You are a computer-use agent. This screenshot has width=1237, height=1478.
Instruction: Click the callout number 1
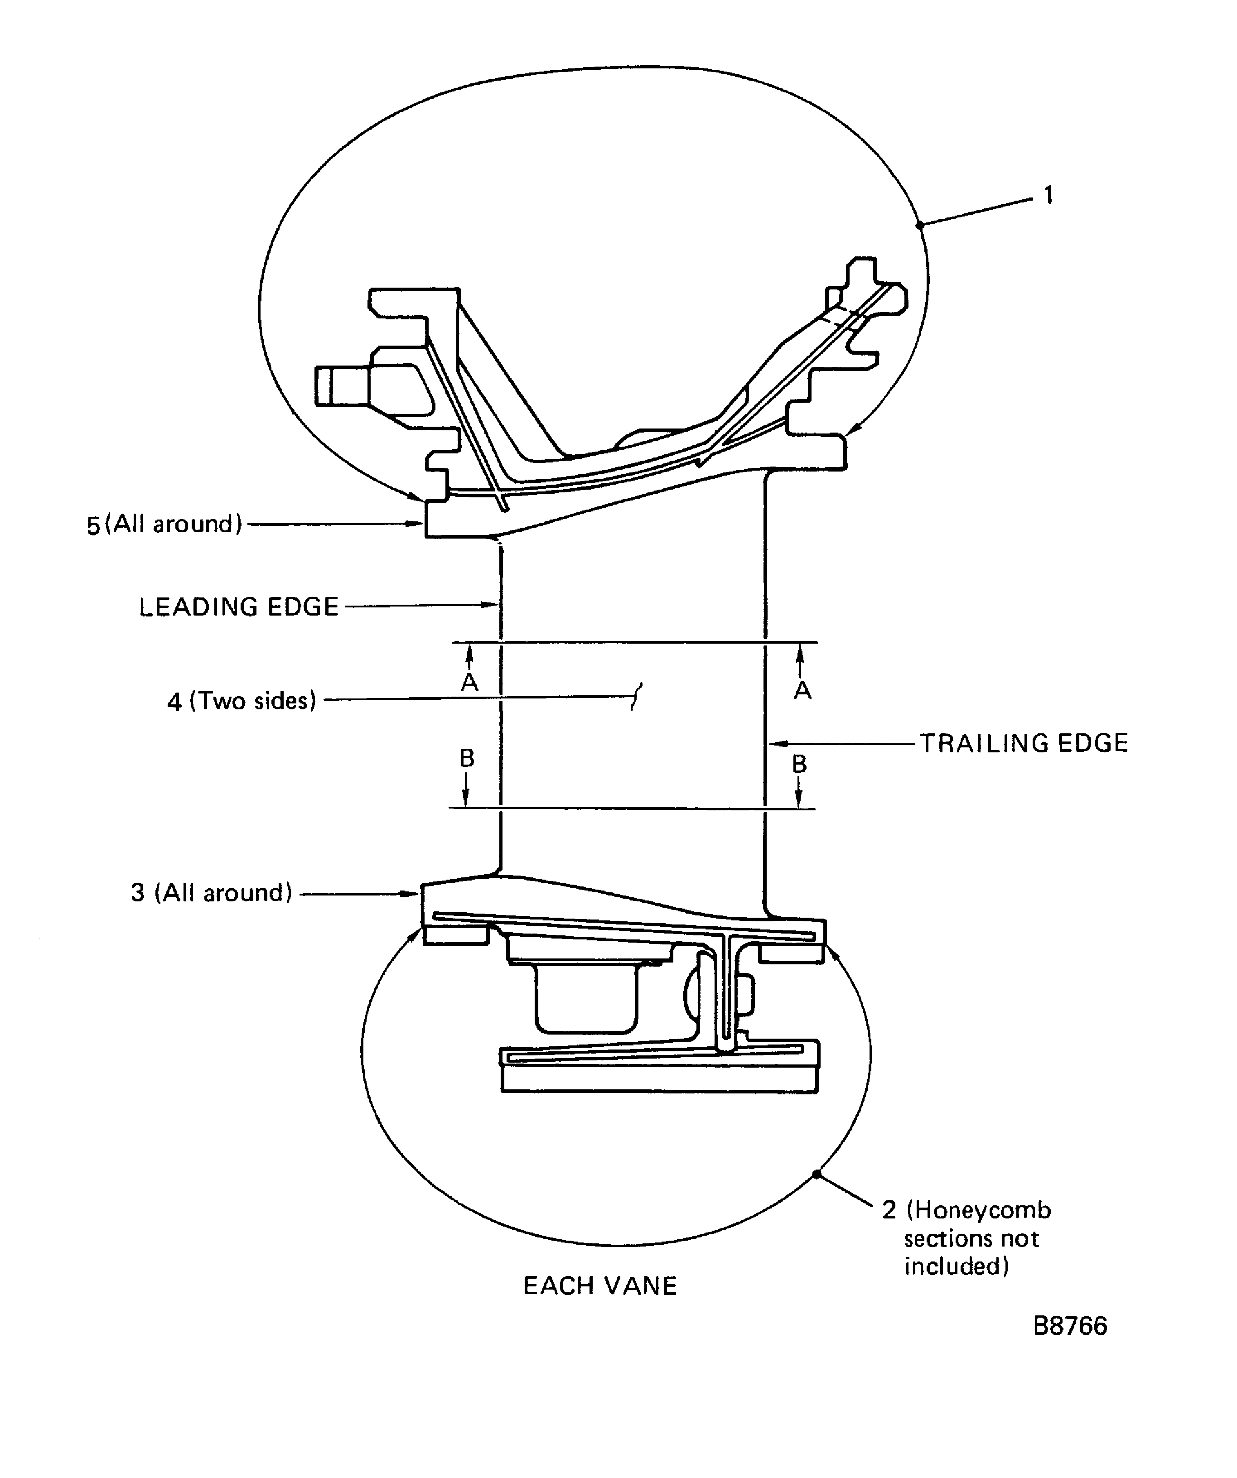click(x=1049, y=195)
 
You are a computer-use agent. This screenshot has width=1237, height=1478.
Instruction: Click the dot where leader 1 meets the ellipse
click(x=919, y=225)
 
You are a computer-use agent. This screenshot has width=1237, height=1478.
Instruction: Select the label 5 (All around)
click(x=164, y=525)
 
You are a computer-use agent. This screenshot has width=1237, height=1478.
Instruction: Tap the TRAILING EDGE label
click(x=1024, y=743)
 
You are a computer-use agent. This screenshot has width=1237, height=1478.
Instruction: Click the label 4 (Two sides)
click(x=242, y=701)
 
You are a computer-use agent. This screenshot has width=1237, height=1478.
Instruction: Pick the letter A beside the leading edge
click(x=469, y=683)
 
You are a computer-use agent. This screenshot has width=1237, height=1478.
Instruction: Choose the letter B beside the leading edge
click(x=467, y=758)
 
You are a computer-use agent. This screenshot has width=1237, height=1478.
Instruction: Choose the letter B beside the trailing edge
click(x=799, y=764)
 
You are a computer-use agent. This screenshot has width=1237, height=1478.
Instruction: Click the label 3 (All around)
click(x=211, y=892)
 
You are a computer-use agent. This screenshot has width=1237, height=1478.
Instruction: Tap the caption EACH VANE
click(x=600, y=1286)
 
